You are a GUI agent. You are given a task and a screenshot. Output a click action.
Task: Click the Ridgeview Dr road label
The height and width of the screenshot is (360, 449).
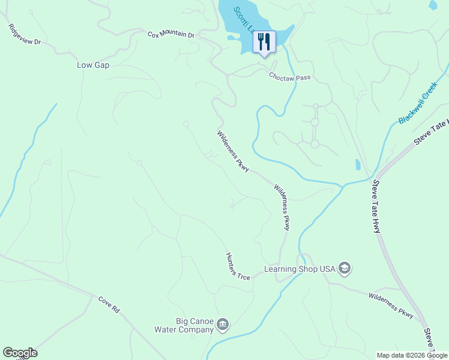pyautogui.click(x=25, y=35)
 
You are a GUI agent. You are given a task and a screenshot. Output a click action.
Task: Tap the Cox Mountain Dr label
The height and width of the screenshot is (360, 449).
pyautogui.click(x=171, y=35)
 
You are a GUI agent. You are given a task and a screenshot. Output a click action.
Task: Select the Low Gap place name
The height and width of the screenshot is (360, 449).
pyautogui.click(x=93, y=65)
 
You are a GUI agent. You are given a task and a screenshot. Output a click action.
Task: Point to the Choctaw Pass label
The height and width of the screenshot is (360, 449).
pyautogui.click(x=289, y=77)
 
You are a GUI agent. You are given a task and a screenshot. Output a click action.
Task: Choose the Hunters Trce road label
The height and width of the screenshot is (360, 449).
pyautogui.click(x=238, y=266)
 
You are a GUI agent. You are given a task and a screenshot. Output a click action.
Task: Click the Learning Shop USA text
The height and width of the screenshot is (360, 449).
pyautogui.click(x=300, y=269)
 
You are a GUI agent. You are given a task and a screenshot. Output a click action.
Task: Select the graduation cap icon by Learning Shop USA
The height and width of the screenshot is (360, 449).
pyautogui.click(x=345, y=268)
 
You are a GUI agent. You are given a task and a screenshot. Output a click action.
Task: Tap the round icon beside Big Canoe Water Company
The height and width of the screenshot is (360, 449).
pyautogui.click(x=223, y=325)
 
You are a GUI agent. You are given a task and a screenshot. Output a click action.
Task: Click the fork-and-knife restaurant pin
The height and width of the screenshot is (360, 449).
pyautogui.click(x=264, y=42)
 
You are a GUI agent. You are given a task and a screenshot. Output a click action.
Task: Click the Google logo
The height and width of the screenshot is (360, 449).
pyautogui.click(x=20, y=353)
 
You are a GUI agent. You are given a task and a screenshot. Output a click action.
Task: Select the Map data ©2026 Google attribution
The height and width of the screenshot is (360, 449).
pyautogui.click(x=411, y=355)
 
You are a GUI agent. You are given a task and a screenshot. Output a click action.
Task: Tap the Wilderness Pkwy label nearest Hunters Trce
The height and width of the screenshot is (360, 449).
pyautogui.click(x=283, y=206)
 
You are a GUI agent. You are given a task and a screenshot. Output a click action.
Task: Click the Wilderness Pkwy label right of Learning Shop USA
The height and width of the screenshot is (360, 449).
pyautogui.click(x=391, y=305)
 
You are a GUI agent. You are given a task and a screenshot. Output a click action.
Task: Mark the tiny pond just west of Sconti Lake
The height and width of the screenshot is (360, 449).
pyautogui.click(x=232, y=38)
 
